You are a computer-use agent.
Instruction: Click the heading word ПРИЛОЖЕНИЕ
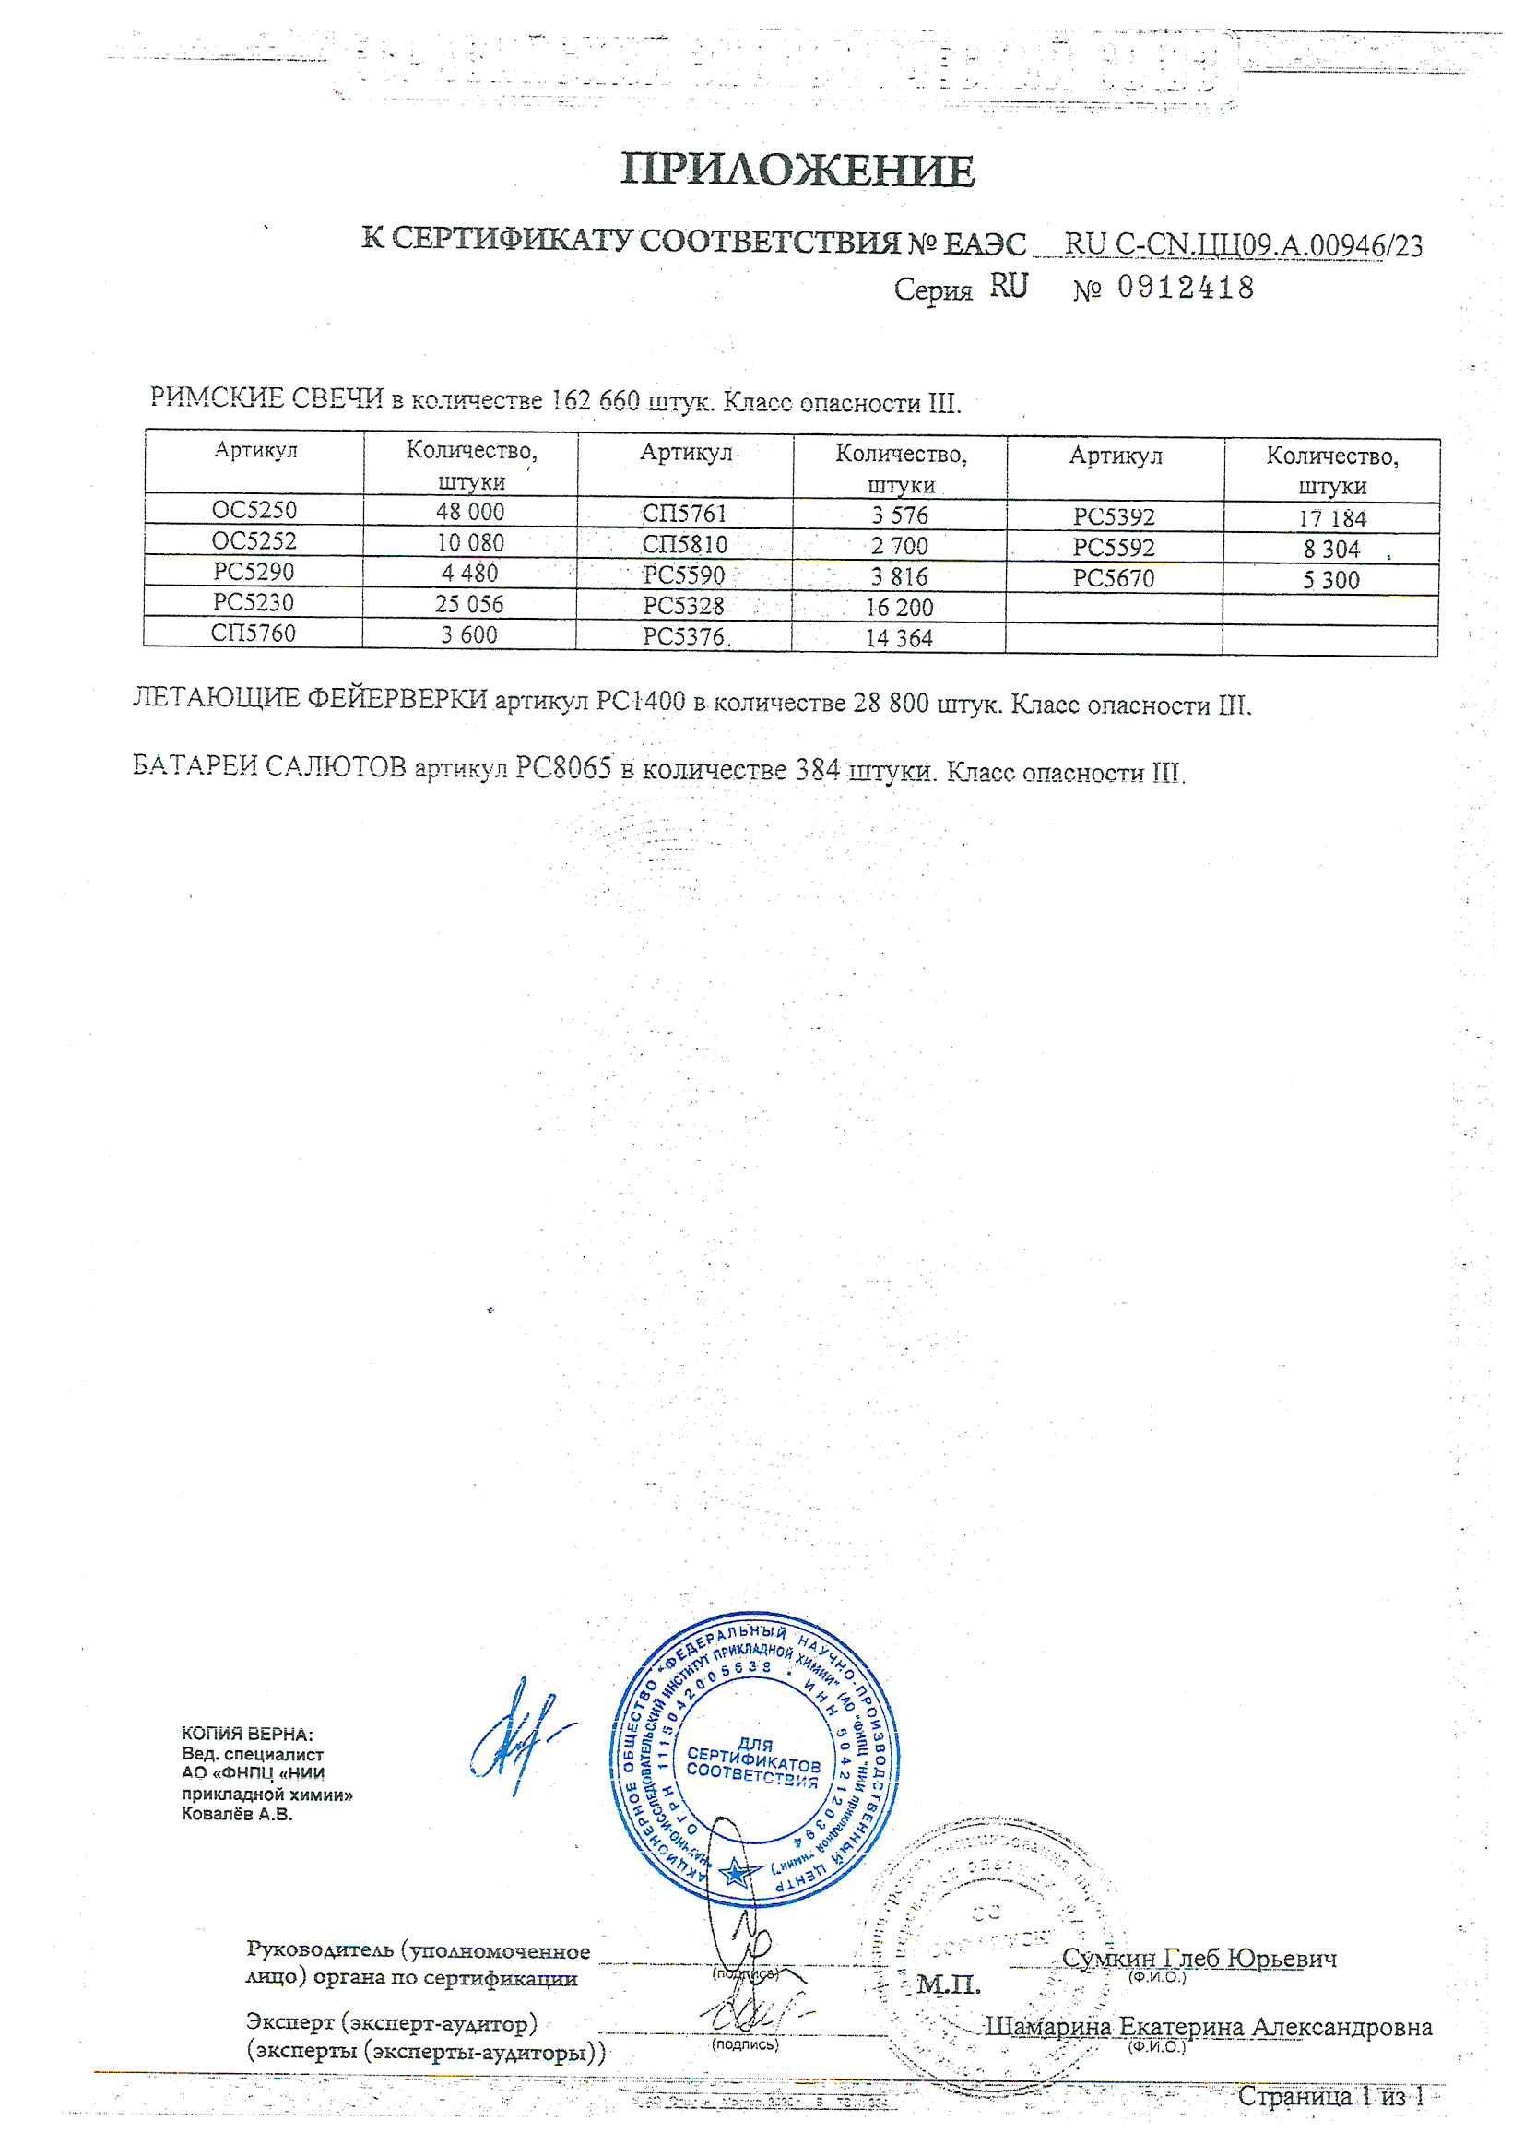tap(797, 171)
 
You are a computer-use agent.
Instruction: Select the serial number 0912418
tap(1185, 289)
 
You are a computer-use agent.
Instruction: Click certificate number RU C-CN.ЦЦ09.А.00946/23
tap(1242, 245)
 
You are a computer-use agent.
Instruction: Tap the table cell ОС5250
tap(254, 510)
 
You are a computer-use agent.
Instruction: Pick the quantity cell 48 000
tap(469, 512)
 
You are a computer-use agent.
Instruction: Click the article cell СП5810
tap(683, 545)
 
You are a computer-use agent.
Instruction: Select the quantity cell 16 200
tap(899, 608)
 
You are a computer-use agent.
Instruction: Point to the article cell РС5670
tap(1114, 578)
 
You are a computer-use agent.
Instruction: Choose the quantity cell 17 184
tap(1331, 518)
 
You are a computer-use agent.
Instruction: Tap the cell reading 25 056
tap(468, 604)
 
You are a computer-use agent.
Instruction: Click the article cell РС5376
tap(683, 636)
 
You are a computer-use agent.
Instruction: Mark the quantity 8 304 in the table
tap(1330, 550)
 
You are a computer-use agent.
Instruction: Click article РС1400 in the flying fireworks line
tap(641, 702)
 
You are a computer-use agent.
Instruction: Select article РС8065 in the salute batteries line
tap(563, 768)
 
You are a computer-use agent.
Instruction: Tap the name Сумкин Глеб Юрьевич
tap(1199, 1958)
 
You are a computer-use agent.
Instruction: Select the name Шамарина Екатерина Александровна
tap(1208, 2026)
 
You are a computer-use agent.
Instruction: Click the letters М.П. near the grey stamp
tap(948, 1984)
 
